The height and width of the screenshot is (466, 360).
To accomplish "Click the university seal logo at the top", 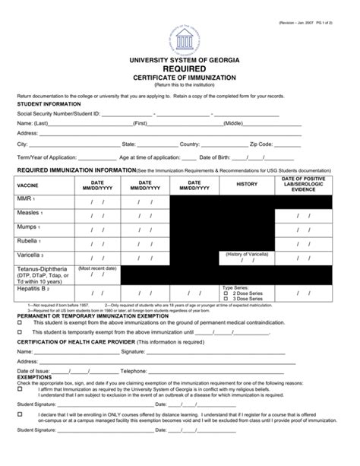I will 180,36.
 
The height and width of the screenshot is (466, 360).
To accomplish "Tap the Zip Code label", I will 264,143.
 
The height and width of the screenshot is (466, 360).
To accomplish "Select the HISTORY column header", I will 247,184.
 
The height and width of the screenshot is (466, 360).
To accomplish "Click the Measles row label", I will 29,213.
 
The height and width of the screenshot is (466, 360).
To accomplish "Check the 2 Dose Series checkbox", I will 225,293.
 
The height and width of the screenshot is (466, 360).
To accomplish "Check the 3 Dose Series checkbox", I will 225,299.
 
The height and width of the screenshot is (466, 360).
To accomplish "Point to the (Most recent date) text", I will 96,268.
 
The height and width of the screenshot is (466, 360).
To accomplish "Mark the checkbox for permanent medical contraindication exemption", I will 19,322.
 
